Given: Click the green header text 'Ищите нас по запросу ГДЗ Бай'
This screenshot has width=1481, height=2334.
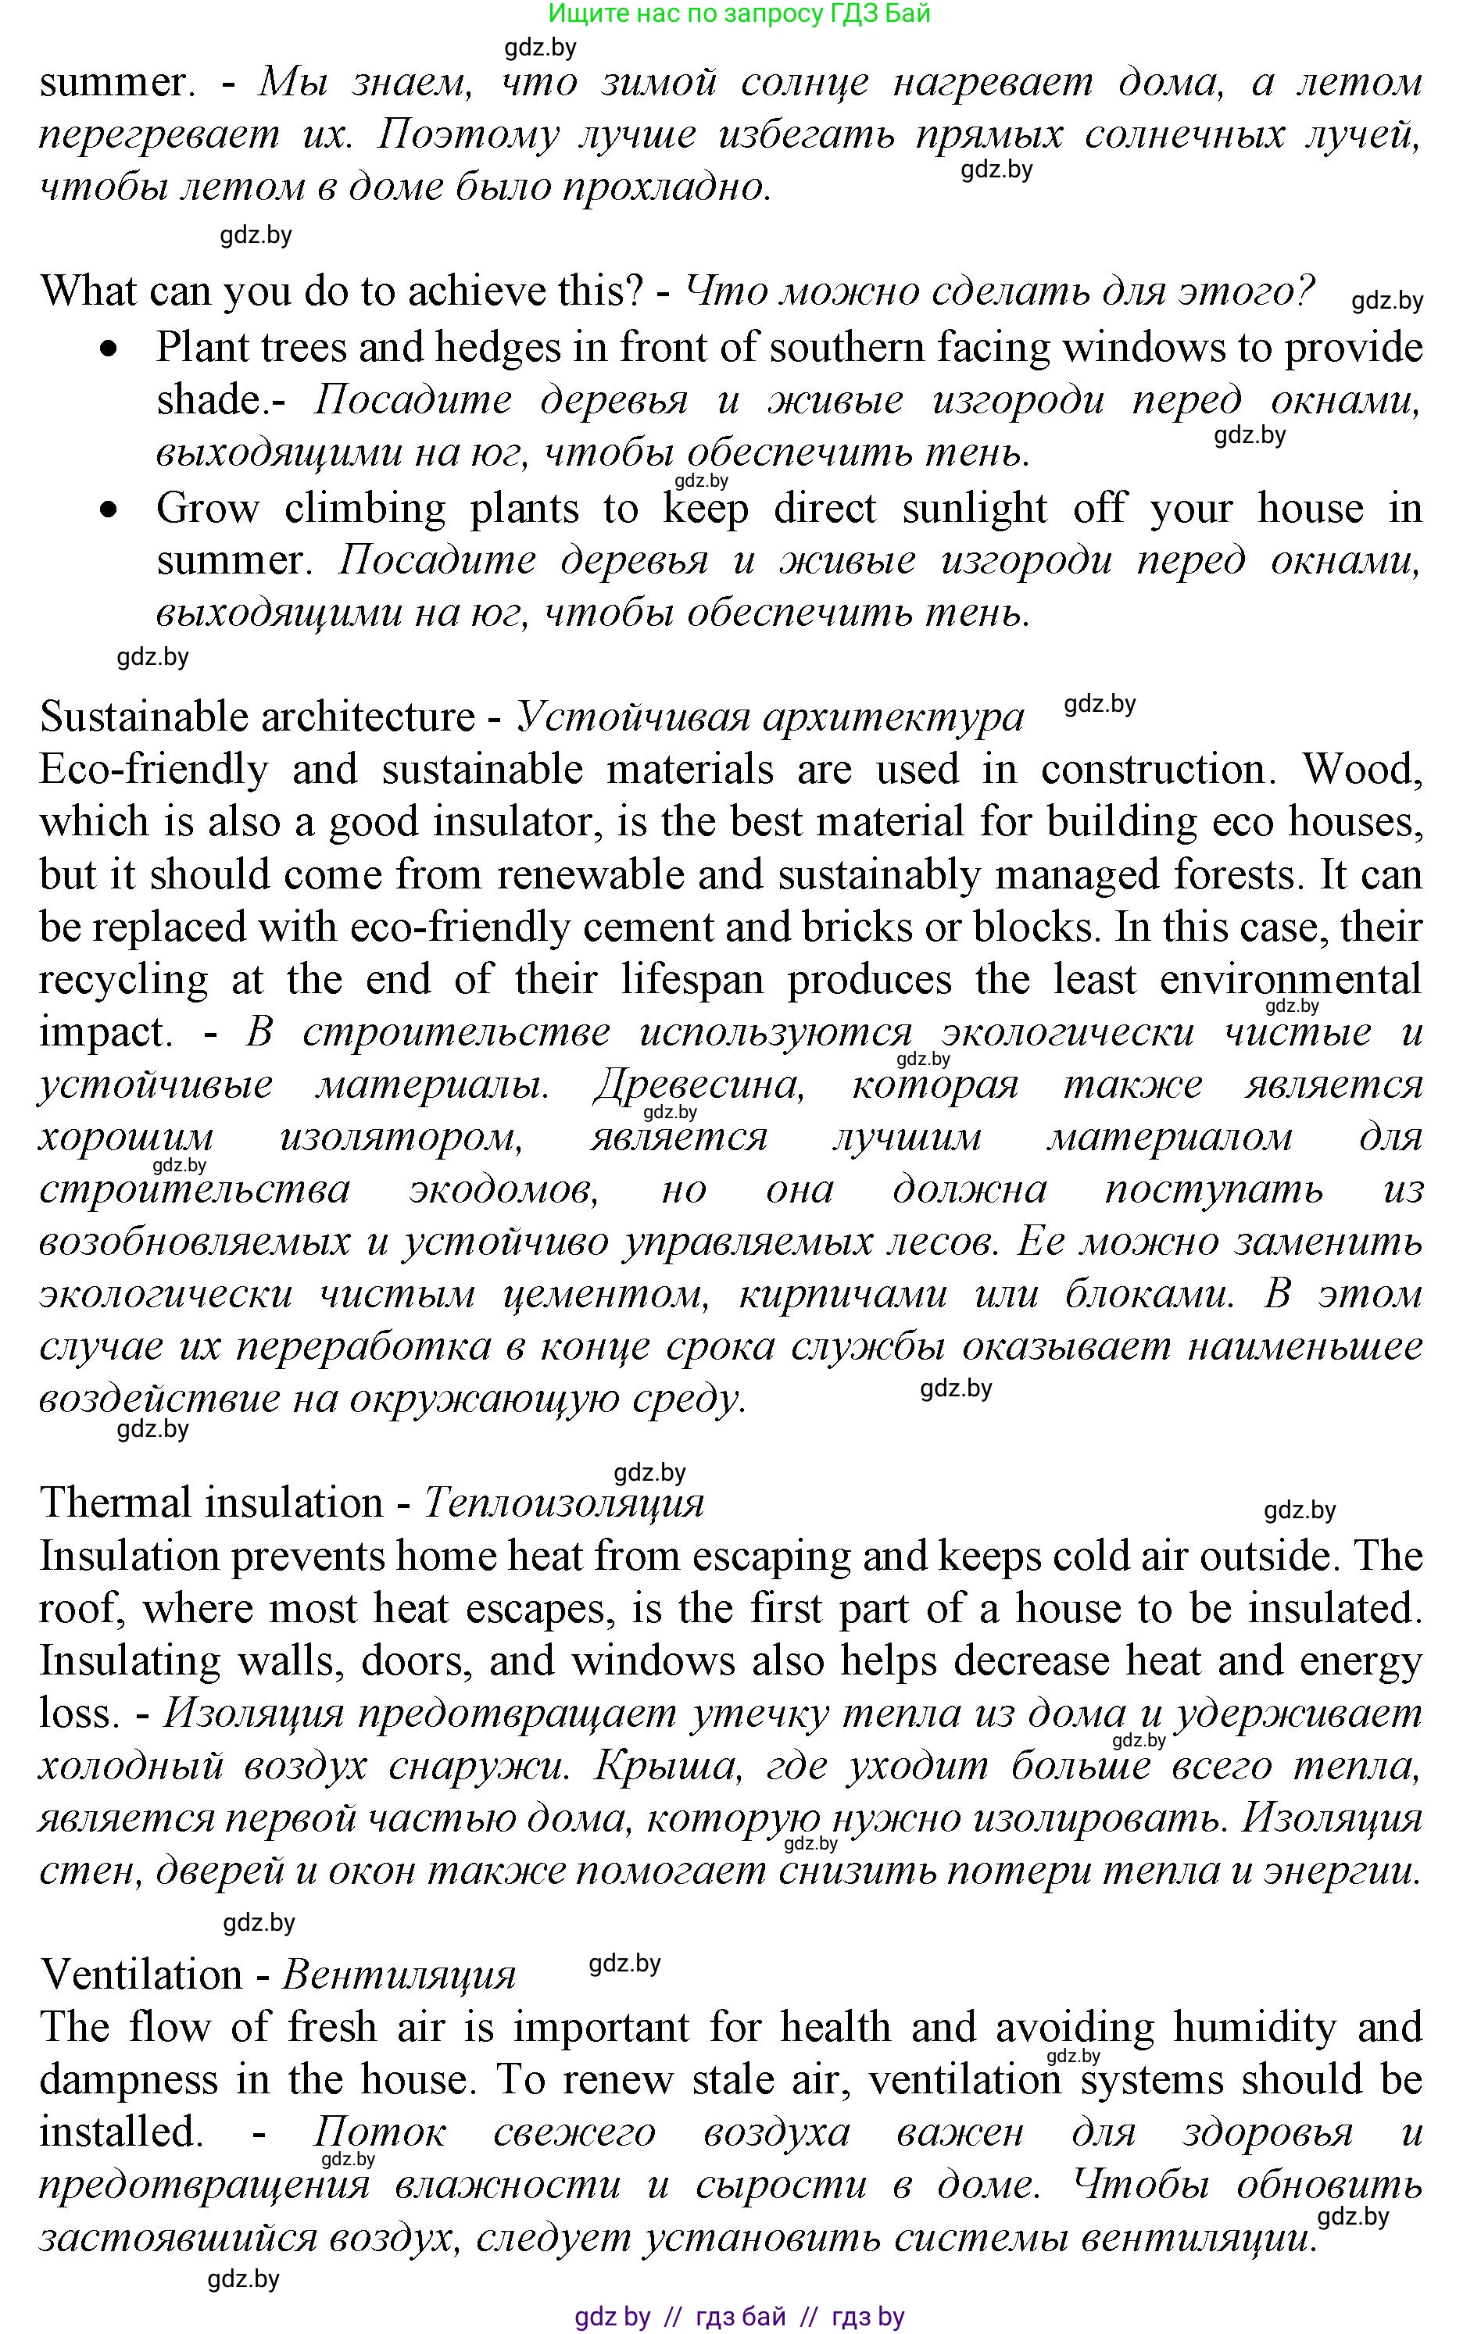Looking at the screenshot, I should click(x=739, y=13).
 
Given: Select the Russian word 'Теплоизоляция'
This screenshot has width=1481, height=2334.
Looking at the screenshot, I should click(x=563, y=1503).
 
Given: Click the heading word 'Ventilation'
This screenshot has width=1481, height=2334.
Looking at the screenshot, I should click(x=141, y=1975).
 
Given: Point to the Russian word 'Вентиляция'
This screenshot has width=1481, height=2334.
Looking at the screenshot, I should click(x=399, y=1975).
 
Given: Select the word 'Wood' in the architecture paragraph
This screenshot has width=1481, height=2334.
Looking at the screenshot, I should click(x=1361, y=770).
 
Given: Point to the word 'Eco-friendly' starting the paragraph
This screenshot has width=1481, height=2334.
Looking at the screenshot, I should click(x=153, y=770).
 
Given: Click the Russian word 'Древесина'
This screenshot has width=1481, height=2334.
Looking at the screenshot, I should click(x=699, y=1085).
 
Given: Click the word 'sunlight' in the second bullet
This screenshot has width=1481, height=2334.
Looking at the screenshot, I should click(x=974, y=509).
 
